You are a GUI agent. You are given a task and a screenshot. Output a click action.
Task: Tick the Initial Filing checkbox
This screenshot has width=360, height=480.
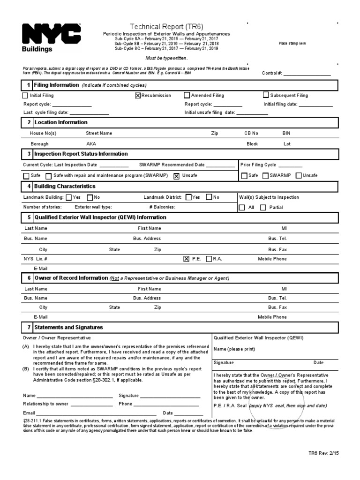coord(25,95)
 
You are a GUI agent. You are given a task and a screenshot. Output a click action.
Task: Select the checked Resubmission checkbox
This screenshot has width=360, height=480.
coord(138,95)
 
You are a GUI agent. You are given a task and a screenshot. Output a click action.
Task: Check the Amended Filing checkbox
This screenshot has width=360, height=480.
coord(187,95)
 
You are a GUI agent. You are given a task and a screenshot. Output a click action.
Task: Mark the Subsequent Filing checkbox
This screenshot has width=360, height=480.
coord(266,95)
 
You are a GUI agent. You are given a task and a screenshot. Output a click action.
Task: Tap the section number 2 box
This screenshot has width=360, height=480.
coord(28,122)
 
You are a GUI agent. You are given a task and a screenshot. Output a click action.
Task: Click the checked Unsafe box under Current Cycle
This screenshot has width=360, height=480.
coord(176,176)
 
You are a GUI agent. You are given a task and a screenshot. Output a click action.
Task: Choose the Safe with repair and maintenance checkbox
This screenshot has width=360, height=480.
coord(48,176)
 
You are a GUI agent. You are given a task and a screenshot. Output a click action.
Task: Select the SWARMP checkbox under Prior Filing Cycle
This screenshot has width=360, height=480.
coord(265,175)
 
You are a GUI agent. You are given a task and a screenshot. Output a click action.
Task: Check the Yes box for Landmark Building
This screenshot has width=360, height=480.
coord(69,197)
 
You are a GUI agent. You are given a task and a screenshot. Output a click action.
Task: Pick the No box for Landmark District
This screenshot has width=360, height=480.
coord(209,197)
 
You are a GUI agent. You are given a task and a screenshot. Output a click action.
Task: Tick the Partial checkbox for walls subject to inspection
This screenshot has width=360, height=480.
coord(263,207)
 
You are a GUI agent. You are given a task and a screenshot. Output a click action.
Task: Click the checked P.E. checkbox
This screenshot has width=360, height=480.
coord(187,259)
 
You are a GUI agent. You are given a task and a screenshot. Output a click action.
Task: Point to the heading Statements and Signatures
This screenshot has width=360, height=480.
coord(68,327)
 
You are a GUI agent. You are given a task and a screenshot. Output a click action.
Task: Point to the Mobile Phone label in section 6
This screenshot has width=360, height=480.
coord(272,317)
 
